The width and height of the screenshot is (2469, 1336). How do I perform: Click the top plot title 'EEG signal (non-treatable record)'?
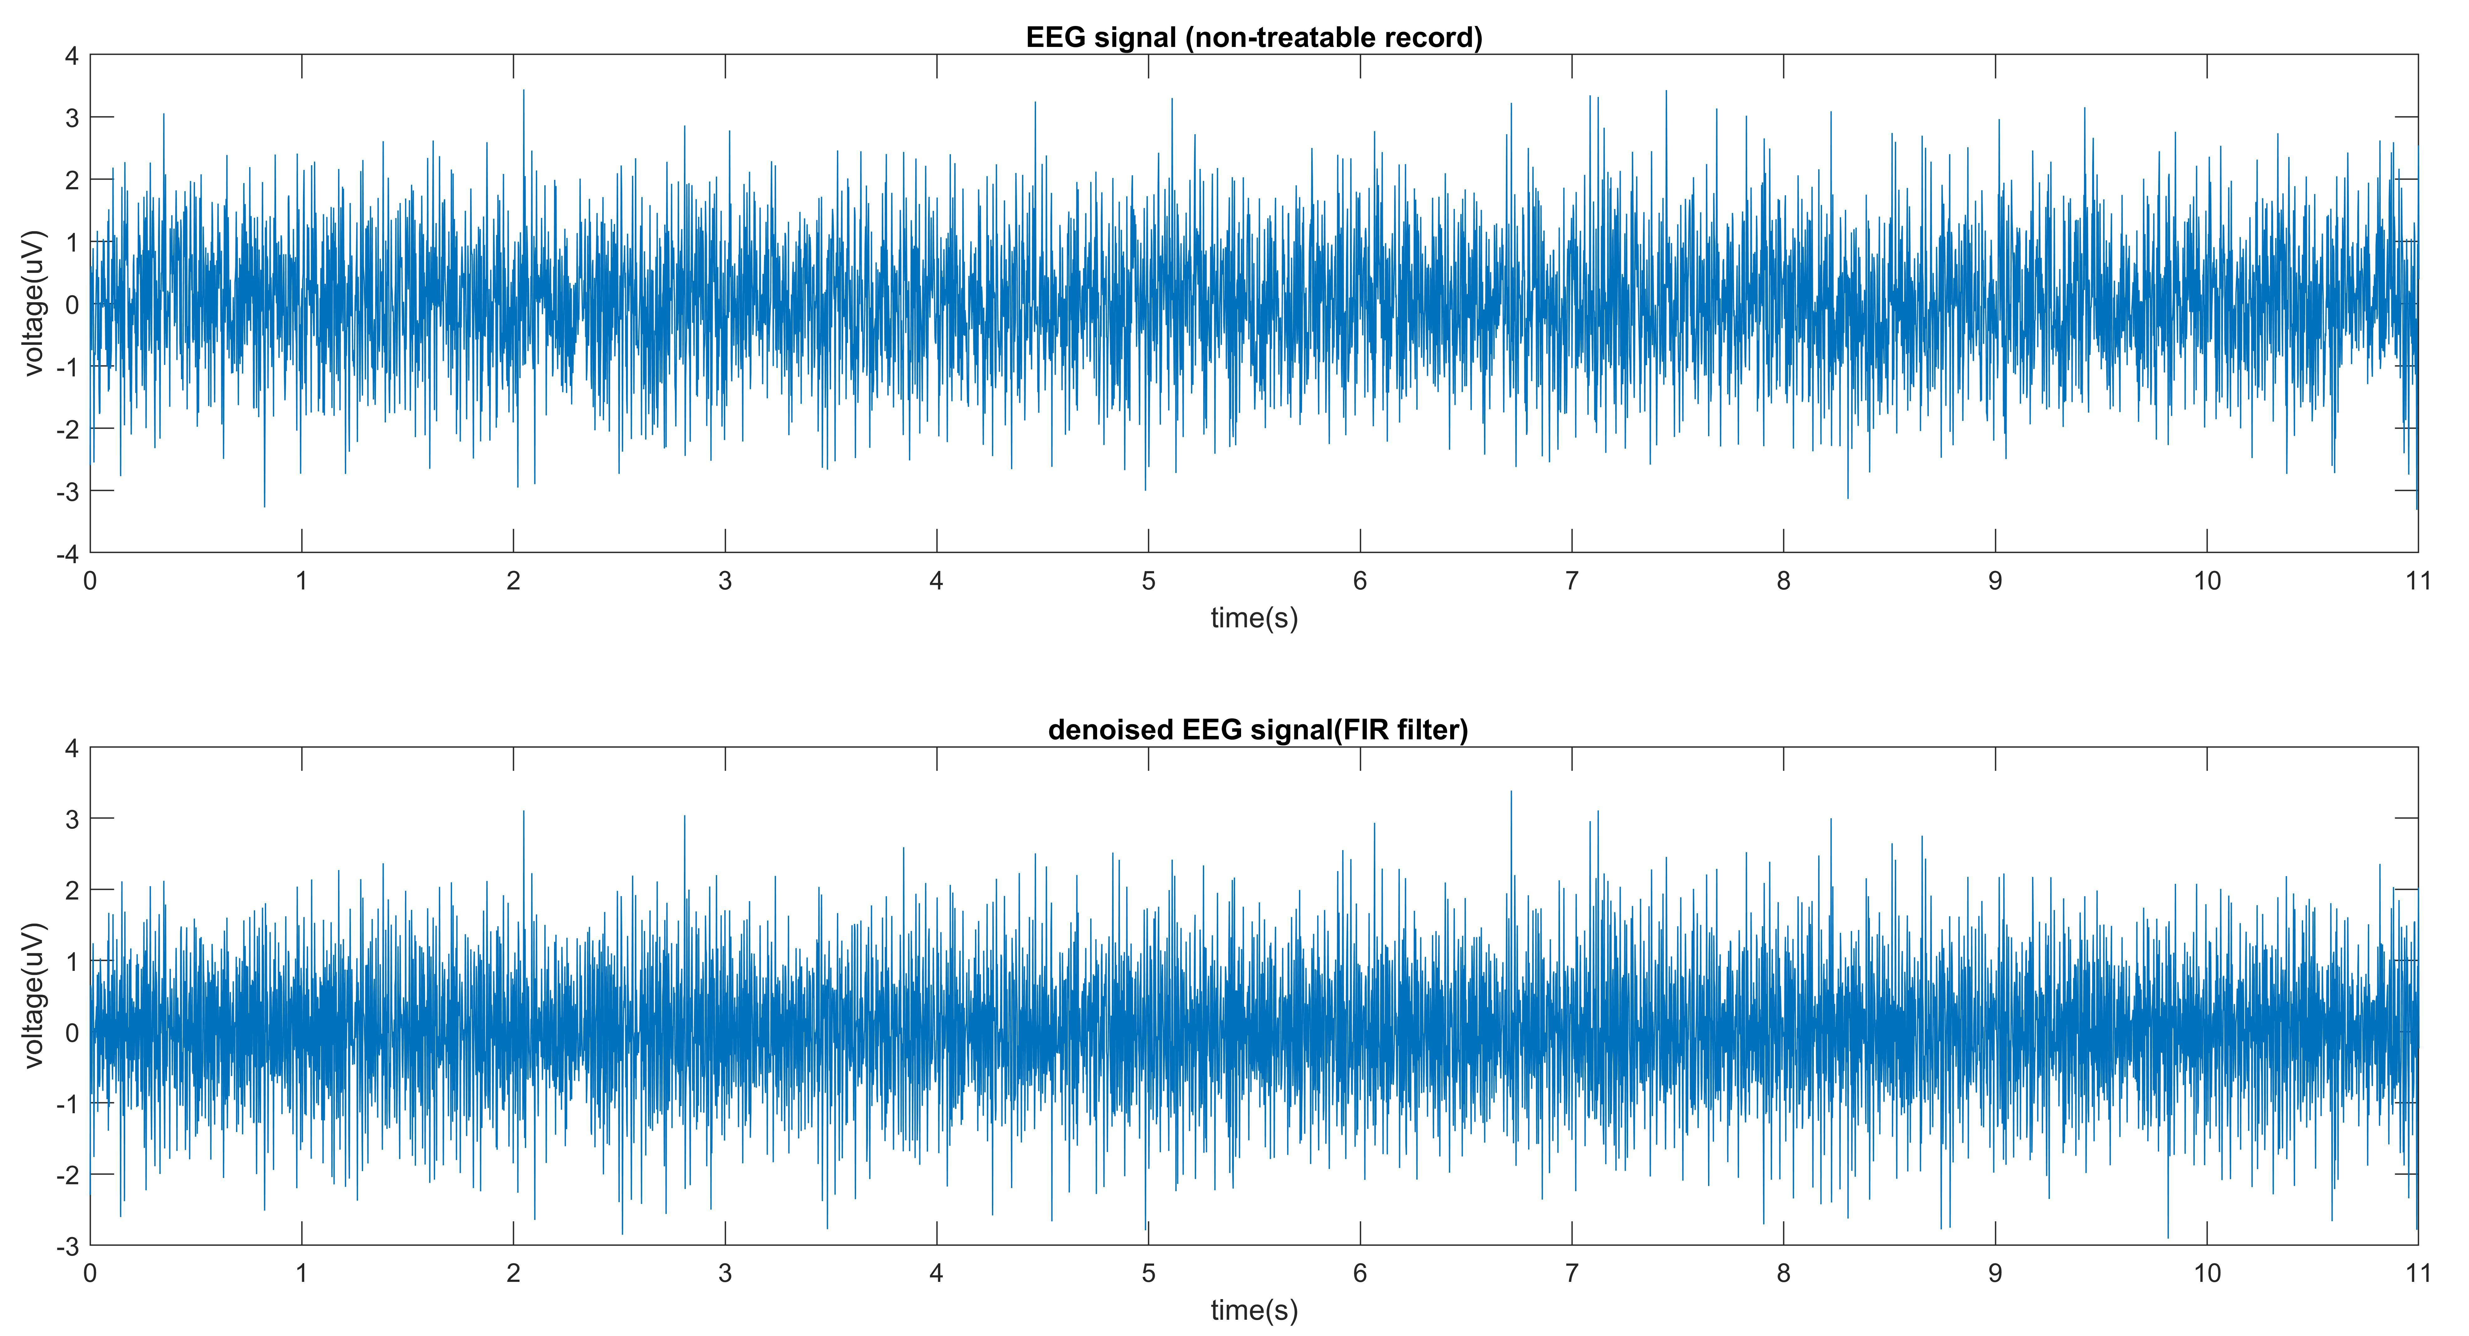click(x=1254, y=37)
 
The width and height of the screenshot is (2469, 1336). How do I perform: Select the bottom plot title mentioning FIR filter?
click(x=1257, y=730)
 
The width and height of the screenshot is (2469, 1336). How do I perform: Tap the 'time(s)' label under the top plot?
click(x=1254, y=618)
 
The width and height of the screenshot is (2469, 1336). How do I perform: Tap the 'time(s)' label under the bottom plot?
click(x=1254, y=1310)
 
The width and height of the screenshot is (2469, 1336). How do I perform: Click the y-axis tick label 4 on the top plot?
click(x=71, y=56)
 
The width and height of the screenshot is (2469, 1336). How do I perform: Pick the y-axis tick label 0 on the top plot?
click(x=71, y=305)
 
